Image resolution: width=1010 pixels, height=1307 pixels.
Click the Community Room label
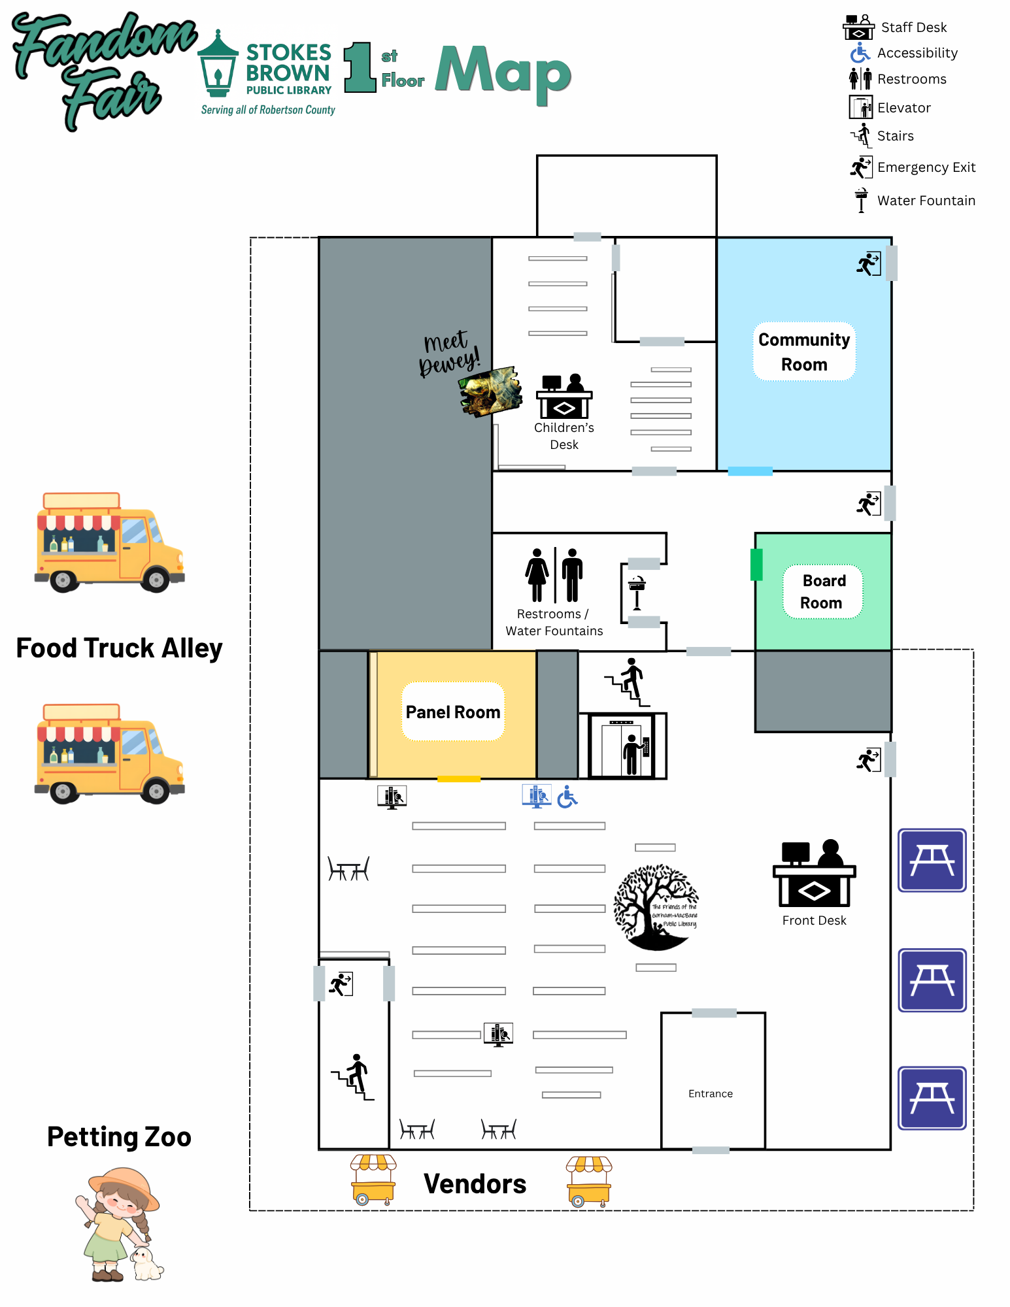click(x=804, y=352)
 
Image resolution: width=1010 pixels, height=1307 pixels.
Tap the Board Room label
click(x=823, y=591)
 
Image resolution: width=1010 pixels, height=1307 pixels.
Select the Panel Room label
click(x=453, y=712)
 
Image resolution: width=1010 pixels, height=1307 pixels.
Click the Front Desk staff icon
click(x=815, y=873)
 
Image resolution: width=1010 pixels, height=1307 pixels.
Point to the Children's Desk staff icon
click(x=564, y=396)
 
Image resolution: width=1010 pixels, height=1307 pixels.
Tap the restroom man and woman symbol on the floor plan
click(x=554, y=575)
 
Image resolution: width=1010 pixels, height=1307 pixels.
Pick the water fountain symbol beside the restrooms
click(x=637, y=593)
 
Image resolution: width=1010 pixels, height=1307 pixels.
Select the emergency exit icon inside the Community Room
click(x=869, y=264)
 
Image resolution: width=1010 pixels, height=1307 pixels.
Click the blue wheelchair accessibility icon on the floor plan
click(x=567, y=797)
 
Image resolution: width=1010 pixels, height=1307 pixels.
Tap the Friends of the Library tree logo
click(x=656, y=908)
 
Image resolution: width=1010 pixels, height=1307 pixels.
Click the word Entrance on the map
click(x=711, y=1094)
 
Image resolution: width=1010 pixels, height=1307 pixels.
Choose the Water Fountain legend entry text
click(x=926, y=201)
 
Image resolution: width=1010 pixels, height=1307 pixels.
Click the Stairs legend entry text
click(x=896, y=136)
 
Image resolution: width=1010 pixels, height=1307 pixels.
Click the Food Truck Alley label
click(x=120, y=648)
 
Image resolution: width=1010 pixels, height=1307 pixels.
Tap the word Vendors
click(x=475, y=1184)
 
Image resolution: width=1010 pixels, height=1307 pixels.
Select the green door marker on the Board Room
click(x=756, y=565)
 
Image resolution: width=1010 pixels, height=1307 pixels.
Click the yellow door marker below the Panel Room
click(x=459, y=779)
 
